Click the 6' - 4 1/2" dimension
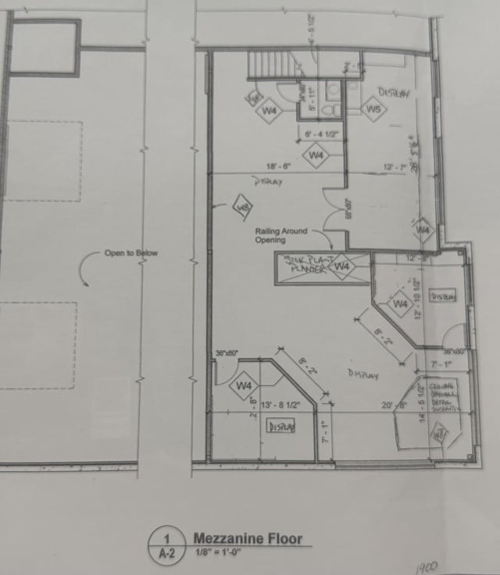click(x=320, y=135)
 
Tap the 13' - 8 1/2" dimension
click(x=280, y=405)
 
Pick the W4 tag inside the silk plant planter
click(x=341, y=267)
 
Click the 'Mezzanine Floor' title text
click(x=247, y=538)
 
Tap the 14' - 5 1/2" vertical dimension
click(x=421, y=403)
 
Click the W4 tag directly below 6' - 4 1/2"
click(x=316, y=156)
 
